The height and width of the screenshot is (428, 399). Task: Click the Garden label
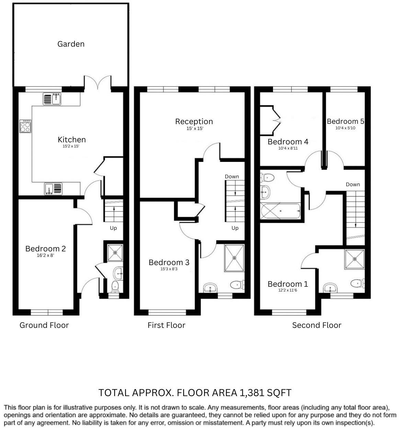click(71, 44)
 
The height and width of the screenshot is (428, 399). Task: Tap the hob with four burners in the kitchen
click(25, 126)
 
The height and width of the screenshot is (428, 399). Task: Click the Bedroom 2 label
click(45, 249)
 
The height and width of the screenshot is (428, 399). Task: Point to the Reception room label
click(194, 121)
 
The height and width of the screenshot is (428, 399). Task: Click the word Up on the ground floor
click(113, 228)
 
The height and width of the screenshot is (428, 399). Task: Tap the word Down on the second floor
click(353, 185)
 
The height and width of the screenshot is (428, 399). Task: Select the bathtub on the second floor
click(281, 211)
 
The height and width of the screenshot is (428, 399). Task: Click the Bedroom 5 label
click(345, 121)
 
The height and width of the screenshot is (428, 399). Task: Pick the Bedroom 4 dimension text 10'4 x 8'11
click(288, 148)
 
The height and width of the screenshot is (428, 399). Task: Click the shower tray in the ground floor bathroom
click(115, 252)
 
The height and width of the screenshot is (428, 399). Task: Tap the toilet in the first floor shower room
click(237, 284)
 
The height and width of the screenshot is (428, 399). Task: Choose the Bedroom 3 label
click(169, 262)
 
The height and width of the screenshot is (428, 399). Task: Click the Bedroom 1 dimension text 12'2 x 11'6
click(287, 290)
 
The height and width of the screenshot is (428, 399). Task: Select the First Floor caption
click(166, 325)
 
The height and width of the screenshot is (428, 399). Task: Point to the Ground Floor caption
click(44, 325)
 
